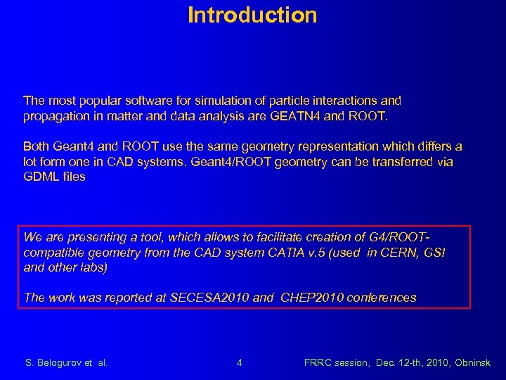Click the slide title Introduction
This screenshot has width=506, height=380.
[x=252, y=15]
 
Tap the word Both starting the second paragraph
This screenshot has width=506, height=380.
[x=36, y=146]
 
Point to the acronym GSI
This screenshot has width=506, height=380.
[x=435, y=252]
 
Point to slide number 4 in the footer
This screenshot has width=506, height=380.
[x=240, y=363]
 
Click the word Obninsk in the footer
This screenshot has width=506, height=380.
[x=472, y=363]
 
